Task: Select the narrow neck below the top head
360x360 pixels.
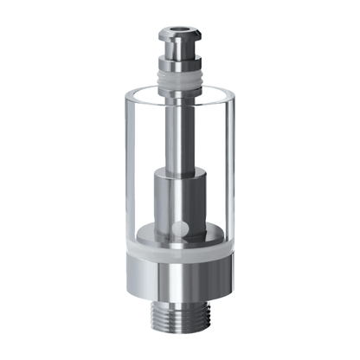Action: tap(179, 56)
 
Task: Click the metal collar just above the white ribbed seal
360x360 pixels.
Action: tap(179, 67)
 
